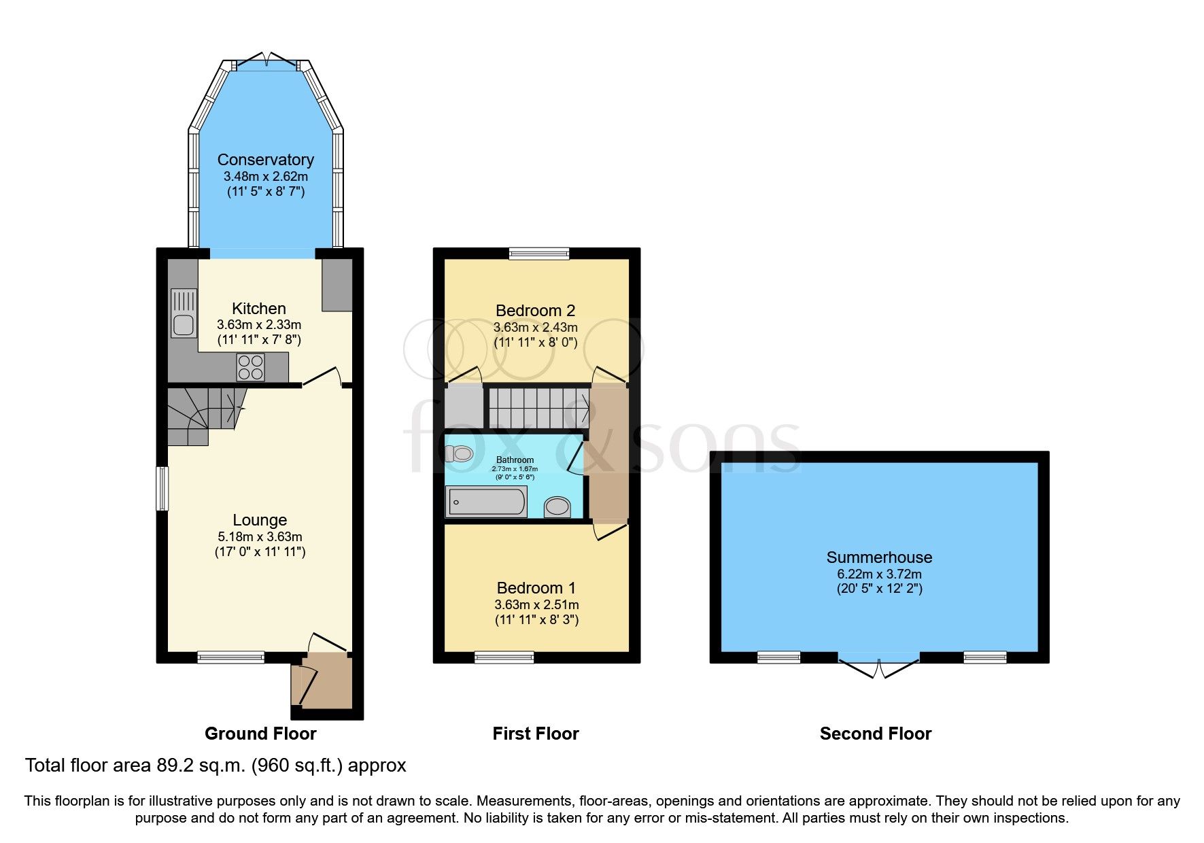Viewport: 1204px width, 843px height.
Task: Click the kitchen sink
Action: tap(184, 313)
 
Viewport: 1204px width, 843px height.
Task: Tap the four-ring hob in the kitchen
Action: tap(250, 368)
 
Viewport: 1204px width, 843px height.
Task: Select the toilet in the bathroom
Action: tap(460, 453)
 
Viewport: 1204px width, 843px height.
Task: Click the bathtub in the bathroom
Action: tap(487, 502)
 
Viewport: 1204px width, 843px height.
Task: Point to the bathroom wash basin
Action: tap(557, 506)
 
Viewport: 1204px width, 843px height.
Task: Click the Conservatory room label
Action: tap(265, 160)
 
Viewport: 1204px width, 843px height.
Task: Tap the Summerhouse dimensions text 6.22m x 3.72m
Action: tap(879, 574)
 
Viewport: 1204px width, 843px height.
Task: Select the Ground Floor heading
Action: tap(260, 734)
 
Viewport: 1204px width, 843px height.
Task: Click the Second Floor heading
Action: tap(875, 734)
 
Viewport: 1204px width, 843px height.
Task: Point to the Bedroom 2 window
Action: tap(539, 254)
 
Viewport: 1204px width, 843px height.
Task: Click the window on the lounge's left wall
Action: tap(162, 488)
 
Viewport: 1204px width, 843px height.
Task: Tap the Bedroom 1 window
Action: tap(504, 657)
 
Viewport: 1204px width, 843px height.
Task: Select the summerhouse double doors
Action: tap(878, 666)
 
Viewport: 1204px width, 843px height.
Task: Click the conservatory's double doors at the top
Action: tap(266, 61)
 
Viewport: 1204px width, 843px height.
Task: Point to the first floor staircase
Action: tap(538, 407)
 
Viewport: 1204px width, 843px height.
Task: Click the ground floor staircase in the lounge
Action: tap(201, 414)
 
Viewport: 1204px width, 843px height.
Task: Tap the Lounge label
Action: tap(260, 520)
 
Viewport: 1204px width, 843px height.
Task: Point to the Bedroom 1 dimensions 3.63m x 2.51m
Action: tap(536, 604)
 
